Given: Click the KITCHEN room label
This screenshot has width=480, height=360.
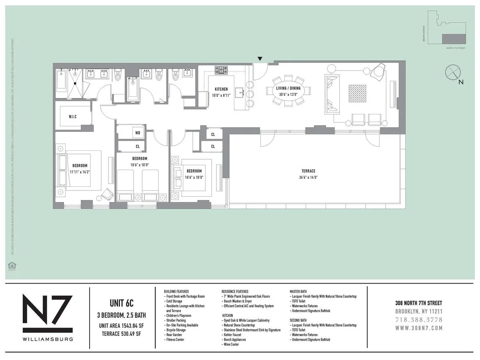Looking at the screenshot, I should point(221,89).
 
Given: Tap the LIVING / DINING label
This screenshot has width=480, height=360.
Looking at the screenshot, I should point(288,88).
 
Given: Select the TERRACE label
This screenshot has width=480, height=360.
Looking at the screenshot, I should point(308,171).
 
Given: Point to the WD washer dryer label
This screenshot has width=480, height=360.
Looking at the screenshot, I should point(138,132).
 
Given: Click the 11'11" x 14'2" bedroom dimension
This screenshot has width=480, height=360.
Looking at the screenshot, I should point(80,172).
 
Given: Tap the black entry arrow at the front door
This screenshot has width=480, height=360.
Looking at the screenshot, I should point(260,59).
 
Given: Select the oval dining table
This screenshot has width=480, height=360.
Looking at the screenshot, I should point(288,91).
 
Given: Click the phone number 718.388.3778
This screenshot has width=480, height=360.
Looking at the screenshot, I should point(419,320).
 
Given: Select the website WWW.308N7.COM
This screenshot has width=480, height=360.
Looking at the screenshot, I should point(419,328).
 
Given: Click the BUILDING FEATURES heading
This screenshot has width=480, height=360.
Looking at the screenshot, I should point(176,292).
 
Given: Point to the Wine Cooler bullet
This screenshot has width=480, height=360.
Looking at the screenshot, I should point(231,344).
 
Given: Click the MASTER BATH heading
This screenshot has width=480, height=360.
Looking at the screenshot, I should point(302,292).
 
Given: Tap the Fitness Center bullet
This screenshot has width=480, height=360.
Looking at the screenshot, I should point(175,340).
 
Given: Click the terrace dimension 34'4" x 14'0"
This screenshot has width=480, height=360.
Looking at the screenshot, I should point(308,178).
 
